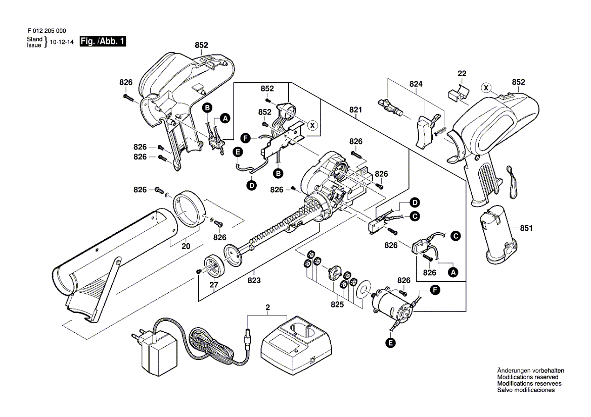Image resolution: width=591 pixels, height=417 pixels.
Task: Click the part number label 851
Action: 527,228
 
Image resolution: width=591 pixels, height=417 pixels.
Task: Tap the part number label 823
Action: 254,281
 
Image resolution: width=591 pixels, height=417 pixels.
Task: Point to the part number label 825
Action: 337,304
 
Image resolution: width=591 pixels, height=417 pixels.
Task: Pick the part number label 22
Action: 462,73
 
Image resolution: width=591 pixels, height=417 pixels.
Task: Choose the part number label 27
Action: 214,285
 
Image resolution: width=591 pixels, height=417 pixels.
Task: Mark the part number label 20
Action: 186,247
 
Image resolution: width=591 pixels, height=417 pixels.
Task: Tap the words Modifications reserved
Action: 528,377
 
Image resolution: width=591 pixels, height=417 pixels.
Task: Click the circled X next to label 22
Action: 486,88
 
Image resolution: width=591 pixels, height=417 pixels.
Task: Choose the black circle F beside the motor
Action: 434,289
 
